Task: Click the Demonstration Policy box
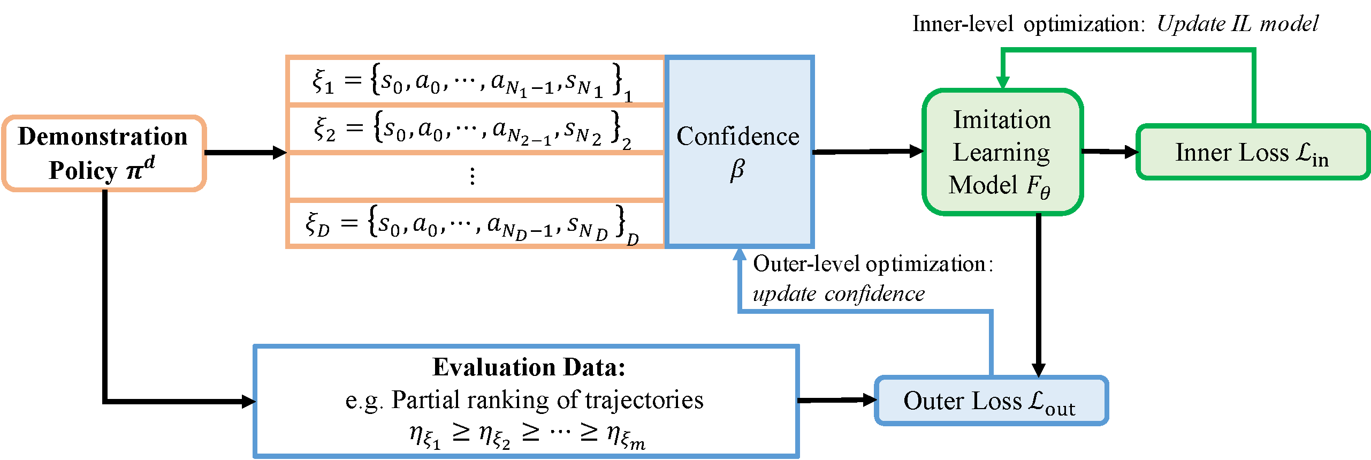104,153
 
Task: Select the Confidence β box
738,152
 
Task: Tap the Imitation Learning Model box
1002,152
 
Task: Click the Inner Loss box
1252,153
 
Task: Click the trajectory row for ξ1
474,81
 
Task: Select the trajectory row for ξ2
474,130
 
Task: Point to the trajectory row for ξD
474,224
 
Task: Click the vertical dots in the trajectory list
472,176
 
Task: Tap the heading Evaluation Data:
529,367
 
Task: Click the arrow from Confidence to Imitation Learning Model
867,152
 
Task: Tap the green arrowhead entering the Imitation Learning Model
1003,82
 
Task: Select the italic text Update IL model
1237,24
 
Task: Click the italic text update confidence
839,294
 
